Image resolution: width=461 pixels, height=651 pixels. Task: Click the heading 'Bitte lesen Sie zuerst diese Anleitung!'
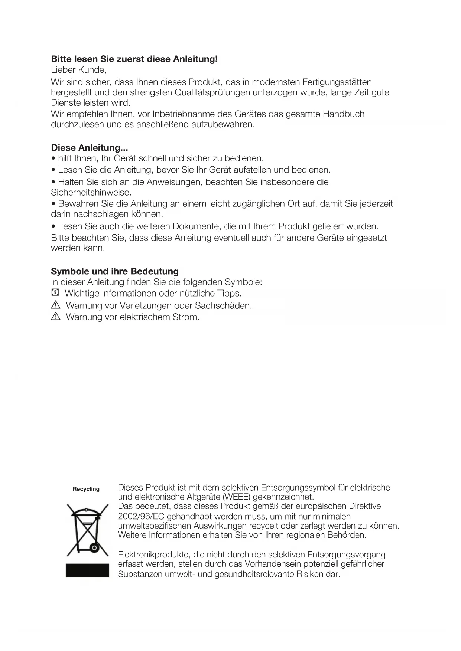coord(134,59)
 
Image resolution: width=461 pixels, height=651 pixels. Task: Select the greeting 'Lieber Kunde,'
coord(79,70)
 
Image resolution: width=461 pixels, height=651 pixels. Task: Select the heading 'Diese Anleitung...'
coord(90,148)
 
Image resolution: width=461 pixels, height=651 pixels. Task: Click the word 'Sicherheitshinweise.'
coord(91,193)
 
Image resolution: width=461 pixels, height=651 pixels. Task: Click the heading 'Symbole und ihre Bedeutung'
coord(115,271)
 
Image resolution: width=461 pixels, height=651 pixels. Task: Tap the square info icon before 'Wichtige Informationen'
coord(55,293)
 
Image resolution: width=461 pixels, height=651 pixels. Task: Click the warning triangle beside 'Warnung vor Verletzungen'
coord(55,305)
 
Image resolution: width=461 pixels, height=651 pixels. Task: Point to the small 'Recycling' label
coord(86,489)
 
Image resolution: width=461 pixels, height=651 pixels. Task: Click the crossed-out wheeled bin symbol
coord(87,530)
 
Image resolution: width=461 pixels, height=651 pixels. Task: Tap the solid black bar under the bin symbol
coord(87,570)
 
